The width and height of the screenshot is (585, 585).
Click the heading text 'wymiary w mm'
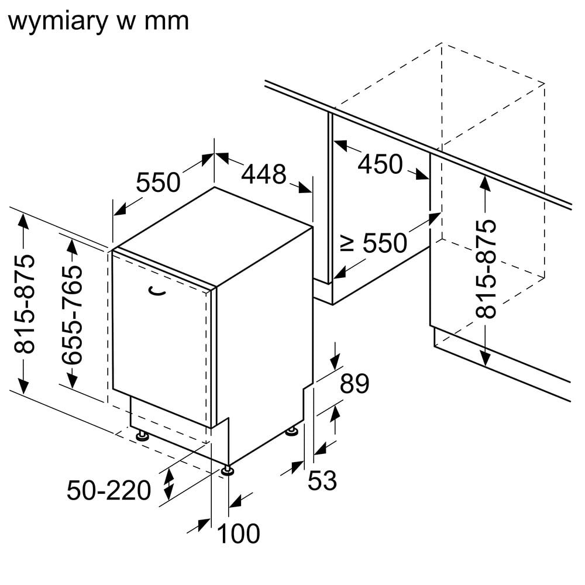click(99, 21)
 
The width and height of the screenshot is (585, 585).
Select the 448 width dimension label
click(264, 174)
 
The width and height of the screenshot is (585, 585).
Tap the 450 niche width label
click(380, 164)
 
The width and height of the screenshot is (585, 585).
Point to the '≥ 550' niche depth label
click(374, 243)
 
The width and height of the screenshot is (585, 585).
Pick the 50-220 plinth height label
click(109, 490)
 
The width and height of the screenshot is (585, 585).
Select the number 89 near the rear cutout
click(355, 384)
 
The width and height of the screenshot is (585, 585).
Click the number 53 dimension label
click(322, 480)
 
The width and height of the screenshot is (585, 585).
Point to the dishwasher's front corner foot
click(228, 469)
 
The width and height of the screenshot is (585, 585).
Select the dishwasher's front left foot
click(142, 435)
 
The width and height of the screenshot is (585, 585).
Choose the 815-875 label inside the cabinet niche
click(486, 269)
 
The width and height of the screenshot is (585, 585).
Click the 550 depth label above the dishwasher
click(158, 183)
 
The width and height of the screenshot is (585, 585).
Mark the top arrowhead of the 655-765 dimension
click(71, 246)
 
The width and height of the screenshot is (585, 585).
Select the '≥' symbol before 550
click(347, 242)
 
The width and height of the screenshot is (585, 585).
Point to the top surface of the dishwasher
click(214, 234)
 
